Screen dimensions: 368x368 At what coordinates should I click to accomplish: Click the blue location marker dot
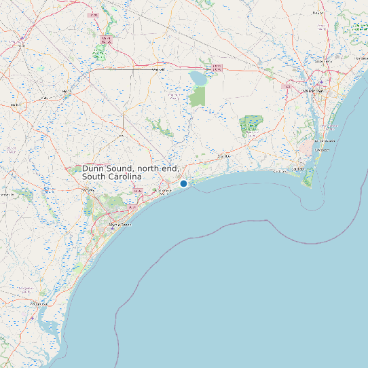[x=183, y=183]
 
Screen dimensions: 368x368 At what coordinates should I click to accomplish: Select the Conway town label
[x=88, y=191]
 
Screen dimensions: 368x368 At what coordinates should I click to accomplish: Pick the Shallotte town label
[x=224, y=157]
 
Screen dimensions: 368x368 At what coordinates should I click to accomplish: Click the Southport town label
[x=299, y=170]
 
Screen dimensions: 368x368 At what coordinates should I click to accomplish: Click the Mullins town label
[x=66, y=91]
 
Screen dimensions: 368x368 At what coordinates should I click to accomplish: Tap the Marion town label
[x=15, y=105]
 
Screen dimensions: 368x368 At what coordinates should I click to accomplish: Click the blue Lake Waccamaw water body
[x=198, y=79]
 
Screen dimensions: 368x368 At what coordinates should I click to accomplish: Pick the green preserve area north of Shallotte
[x=251, y=124]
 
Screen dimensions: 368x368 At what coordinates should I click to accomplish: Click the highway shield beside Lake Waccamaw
[x=217, y=67]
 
